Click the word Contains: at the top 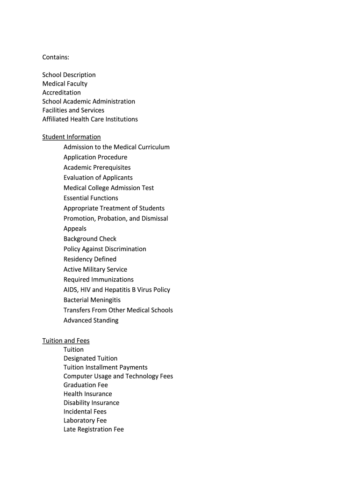tap(56, 57)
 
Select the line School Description tap(69, 75)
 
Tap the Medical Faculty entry tap(65, 84)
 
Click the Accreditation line tap(61, 93)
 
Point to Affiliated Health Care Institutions tap(90, 119)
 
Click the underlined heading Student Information tap(71, 137)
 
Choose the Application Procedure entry tap(95, 157)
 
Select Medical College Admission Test tap(108, 188)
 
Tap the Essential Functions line tap(91, 198)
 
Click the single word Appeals tap(75, 229)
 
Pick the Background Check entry tap(90, 239)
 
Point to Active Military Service tap(95, 269)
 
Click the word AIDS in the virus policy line tap(71, 290)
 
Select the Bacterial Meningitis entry tap(92, 300)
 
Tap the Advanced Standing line tap(91, 320)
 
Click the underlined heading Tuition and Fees tap(65, 341)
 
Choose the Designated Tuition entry tap(91, 359)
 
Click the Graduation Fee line tap(86, 385)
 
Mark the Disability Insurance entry tap(91, 403)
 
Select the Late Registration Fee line tap(94, 429)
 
